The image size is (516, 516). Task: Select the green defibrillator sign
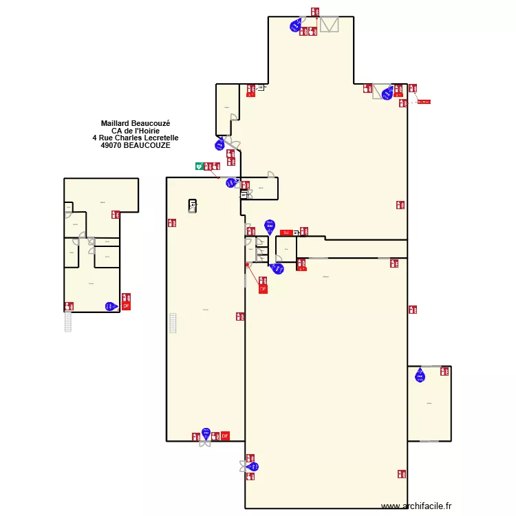(198, 166)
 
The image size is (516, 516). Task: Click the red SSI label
(286, 233)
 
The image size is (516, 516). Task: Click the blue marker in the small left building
(111, 306)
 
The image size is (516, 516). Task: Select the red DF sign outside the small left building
(126, 305)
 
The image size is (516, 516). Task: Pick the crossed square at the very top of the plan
(330, 25)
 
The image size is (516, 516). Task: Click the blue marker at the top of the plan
(297, 26)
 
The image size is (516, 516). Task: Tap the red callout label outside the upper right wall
(424, 102)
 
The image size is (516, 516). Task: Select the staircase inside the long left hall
(173, 323)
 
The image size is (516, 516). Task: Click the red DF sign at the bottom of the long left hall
(225, 436)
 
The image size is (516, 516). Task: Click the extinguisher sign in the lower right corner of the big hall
(400, 474)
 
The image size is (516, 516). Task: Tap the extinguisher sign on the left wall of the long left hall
(171, 223)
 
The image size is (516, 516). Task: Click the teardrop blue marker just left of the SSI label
(270, 226)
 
